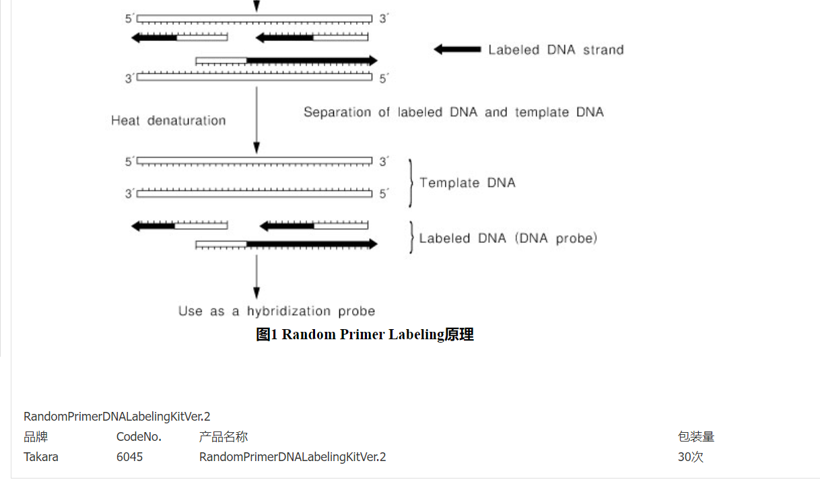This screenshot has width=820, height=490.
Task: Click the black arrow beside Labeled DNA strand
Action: click(x=457, y=49)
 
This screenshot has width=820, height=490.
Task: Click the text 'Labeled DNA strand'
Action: click(x=555, y=50)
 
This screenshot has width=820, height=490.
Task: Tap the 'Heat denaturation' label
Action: click(x=168, y=120)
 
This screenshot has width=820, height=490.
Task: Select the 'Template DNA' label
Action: click(x=467, y=182)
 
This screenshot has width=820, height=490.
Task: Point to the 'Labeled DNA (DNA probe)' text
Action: click(x=508, y=238)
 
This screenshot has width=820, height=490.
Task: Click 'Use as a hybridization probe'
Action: click(x=276, y=311)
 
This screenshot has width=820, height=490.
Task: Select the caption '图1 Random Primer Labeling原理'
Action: click(x=365, y=335)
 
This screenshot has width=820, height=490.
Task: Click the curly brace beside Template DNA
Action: click(x=410, y=182)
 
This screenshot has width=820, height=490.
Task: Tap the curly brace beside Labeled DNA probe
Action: click(x=411, y=238)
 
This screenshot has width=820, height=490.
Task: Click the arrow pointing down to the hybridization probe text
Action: click(x=256, y=276)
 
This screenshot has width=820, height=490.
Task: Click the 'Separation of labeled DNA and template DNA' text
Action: click(x=453, y=112)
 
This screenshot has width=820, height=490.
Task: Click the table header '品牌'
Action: click(x=36, y=437)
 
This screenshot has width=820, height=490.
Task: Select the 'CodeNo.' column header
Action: click(x=139, y=437)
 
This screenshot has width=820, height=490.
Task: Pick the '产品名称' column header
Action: click(x=224, y=437)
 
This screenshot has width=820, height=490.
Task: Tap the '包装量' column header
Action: click(x=695, y=437)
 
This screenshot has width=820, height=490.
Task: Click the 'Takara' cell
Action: click(x=41, y=457)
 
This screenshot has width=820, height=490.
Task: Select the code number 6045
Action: click(x=129, y=457)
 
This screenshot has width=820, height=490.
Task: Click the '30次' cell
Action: click(x=690, y=457)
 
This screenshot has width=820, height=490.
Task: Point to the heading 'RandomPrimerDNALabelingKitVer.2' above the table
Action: click(x=117, y=417)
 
